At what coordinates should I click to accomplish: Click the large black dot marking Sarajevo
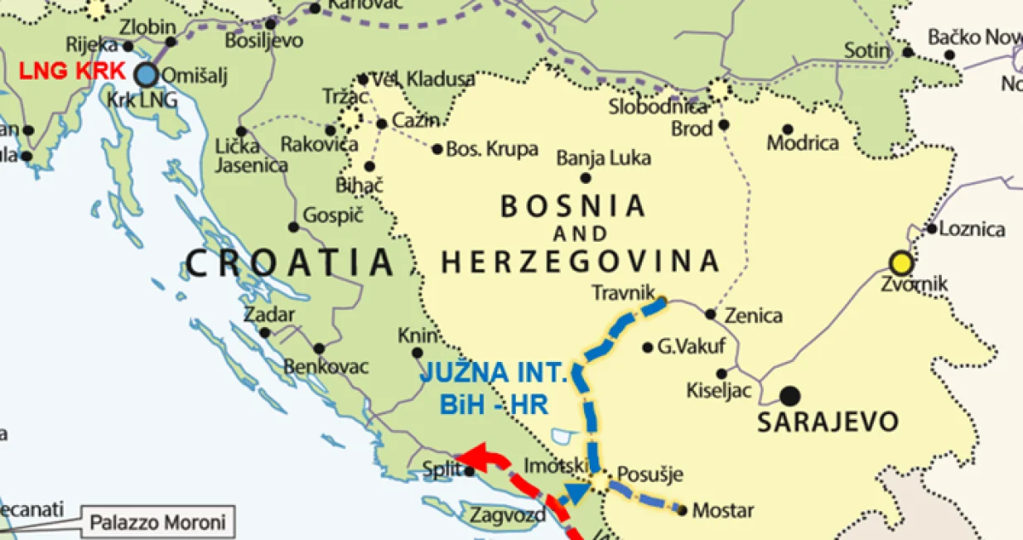pyautogui.click(x=790, y=395)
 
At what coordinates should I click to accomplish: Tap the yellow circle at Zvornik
pyautogui.click(x=901, y=263)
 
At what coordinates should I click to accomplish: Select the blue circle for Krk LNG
pyautogui.click(x=147, y=75)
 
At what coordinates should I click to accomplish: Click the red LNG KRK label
pyautogui.click(x=71, y=70)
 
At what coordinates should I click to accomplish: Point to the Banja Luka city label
pyautogui.click(x=603, y=157)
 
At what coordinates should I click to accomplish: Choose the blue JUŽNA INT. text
pyautogui.click(x=494, y=372)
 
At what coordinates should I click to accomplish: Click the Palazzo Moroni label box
pyautogui.click(x=157, y=523)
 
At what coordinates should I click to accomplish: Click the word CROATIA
pyautogui.click(x=290, y=263)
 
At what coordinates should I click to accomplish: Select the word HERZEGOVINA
pyautogui.click(x=580, y=262)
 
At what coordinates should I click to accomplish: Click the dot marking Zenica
pyautogui.click(x=710, y=314)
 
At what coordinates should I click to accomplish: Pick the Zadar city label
pyautogui.click(x=268, y=315)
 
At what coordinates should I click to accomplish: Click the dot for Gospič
pyautogui.click(x=293, y=227)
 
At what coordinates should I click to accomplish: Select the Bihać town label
pyautogui.click(x=359, y=186)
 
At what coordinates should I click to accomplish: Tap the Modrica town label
pyautogui.click(x=802, y=143)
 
